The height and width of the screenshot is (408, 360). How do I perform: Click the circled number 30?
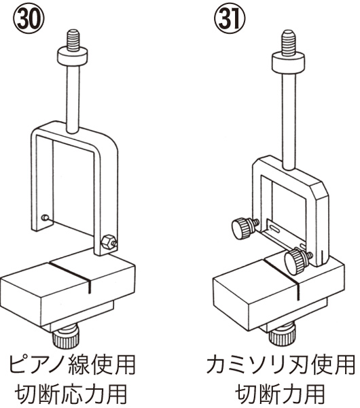29,19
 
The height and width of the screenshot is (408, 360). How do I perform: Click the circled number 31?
230,19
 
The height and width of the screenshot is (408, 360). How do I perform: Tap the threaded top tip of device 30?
73,40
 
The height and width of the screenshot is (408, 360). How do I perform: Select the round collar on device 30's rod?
73,56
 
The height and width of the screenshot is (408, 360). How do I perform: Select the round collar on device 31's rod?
288,63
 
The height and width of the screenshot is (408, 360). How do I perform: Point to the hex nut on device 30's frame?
109,242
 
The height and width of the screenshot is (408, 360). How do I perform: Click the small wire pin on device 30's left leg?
46,217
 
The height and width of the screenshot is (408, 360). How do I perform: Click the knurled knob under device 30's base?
65,337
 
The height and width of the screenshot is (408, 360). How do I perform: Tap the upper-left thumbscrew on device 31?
245,228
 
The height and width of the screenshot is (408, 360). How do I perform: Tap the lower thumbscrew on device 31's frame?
297,261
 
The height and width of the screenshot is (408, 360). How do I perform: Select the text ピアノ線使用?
72,365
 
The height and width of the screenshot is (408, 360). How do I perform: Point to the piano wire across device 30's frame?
73,228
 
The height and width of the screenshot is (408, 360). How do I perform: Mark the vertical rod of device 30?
73,99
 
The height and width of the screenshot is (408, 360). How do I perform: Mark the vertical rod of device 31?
289,121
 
